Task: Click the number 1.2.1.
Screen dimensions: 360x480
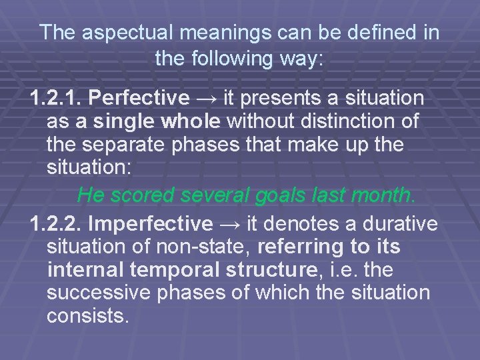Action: coord(57,99)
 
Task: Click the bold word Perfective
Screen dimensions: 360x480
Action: coord(139,99)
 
